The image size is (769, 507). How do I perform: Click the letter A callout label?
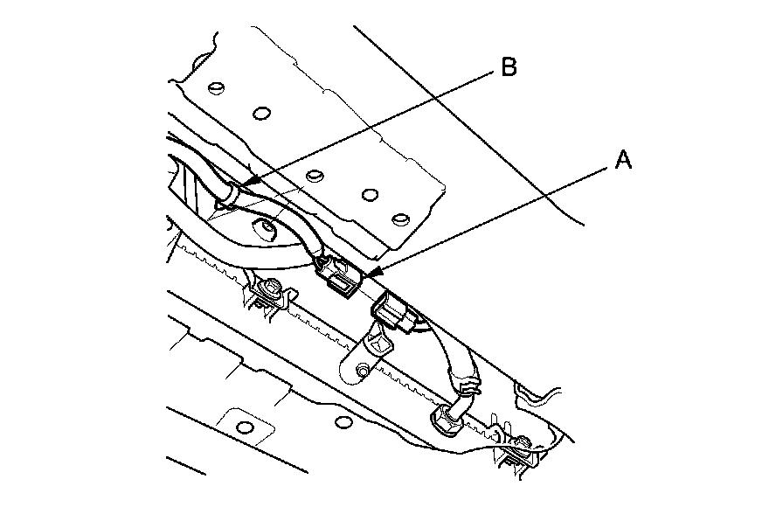[x=623, y=159]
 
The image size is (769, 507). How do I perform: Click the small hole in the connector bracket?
[x=360, y=374]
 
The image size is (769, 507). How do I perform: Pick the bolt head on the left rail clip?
[x=274, y=289]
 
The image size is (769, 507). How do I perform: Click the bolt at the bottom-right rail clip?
[x=523, y=444]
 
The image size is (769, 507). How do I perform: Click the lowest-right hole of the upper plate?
[x=401, y=217]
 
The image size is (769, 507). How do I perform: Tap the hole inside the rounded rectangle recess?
[x=245, y=427]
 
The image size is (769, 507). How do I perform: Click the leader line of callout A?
[x=489, y=218]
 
